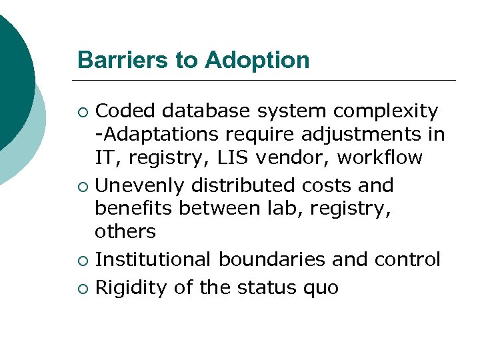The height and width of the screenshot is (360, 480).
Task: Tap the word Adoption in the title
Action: click(x=257, y=61)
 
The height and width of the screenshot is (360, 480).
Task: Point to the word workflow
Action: click(x=379, y=158)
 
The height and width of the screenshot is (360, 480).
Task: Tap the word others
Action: click(x=125, y=232)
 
